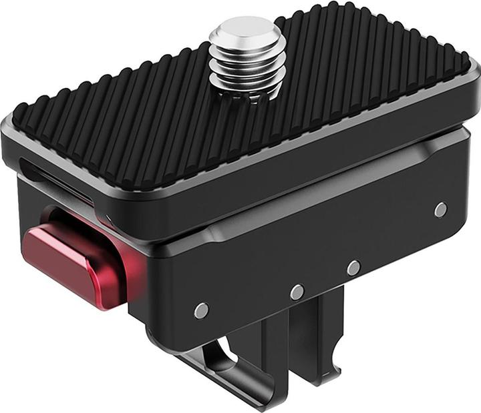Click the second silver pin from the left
point(297,292)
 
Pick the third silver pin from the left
point(353,268)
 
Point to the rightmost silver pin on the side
point(440,210)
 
